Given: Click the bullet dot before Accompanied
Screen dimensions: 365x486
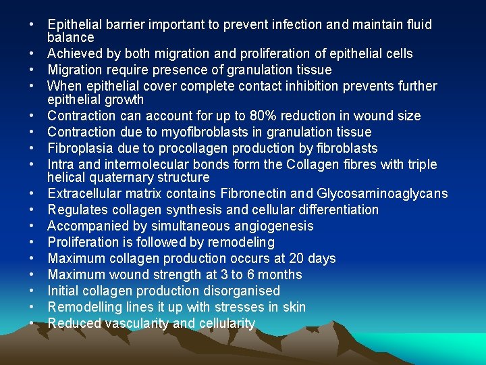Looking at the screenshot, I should coord(32,226).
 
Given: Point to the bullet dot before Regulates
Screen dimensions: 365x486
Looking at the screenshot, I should coord(32,210).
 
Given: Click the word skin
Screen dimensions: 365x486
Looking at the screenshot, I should coord(293,307).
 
